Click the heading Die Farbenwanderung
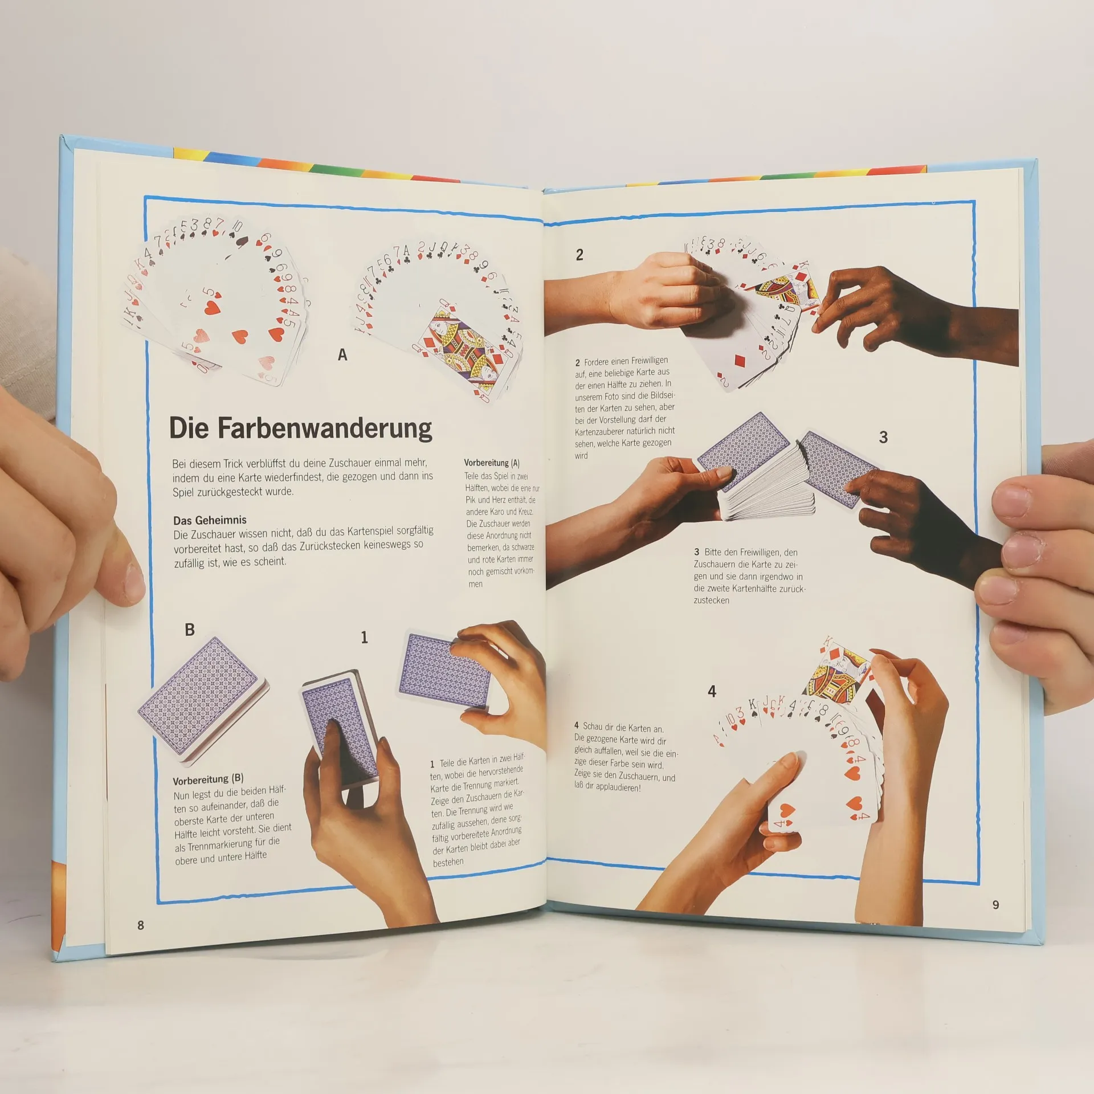click(300, 428)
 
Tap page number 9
click(995, 904)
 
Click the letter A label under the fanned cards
click(342, 354)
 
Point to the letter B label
click(190, 630)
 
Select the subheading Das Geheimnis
click(210, 520)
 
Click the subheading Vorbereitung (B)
click(209, 779)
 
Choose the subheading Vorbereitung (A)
click(492, 463)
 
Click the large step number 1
click(364, 637)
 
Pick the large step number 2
click(579, 255)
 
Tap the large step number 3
click(883, 437)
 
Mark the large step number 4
click(712, 691)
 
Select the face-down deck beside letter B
click(203, 699)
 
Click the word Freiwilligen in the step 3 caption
click(750, 552)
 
